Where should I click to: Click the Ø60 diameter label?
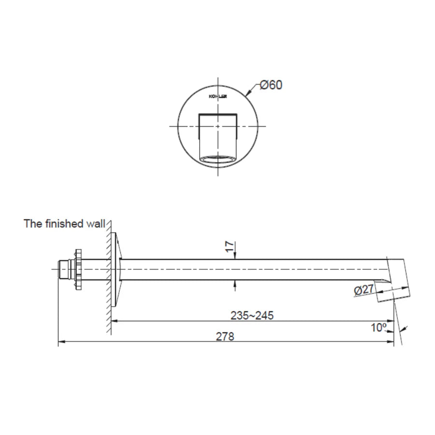click(271, 85)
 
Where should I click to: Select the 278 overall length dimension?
click(226, 337)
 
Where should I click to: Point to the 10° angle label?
click(378, 328)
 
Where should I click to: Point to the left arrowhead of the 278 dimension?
click(61, 342)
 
